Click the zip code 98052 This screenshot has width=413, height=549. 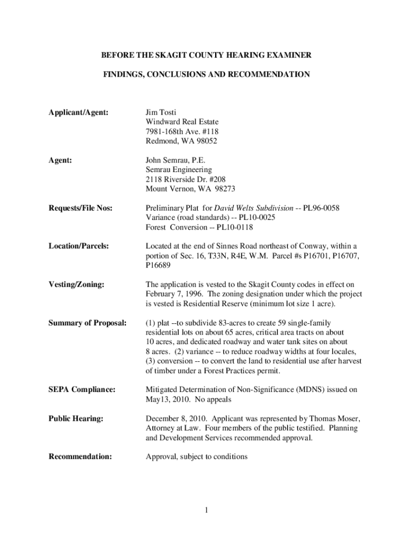(204, 142)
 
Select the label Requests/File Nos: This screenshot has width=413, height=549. (81, 208)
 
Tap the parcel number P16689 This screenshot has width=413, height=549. (159, 265)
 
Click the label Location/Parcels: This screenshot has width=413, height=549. (79, 246)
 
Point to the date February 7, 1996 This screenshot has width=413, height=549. (179, 294)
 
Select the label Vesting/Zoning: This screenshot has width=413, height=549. (76, 284)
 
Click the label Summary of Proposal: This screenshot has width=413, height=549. (87, 323)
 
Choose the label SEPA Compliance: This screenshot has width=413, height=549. (82, 389)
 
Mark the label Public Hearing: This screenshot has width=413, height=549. (76, 418)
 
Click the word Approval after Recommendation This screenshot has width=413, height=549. (161, 457)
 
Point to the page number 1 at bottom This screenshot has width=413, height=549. (205, 509)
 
